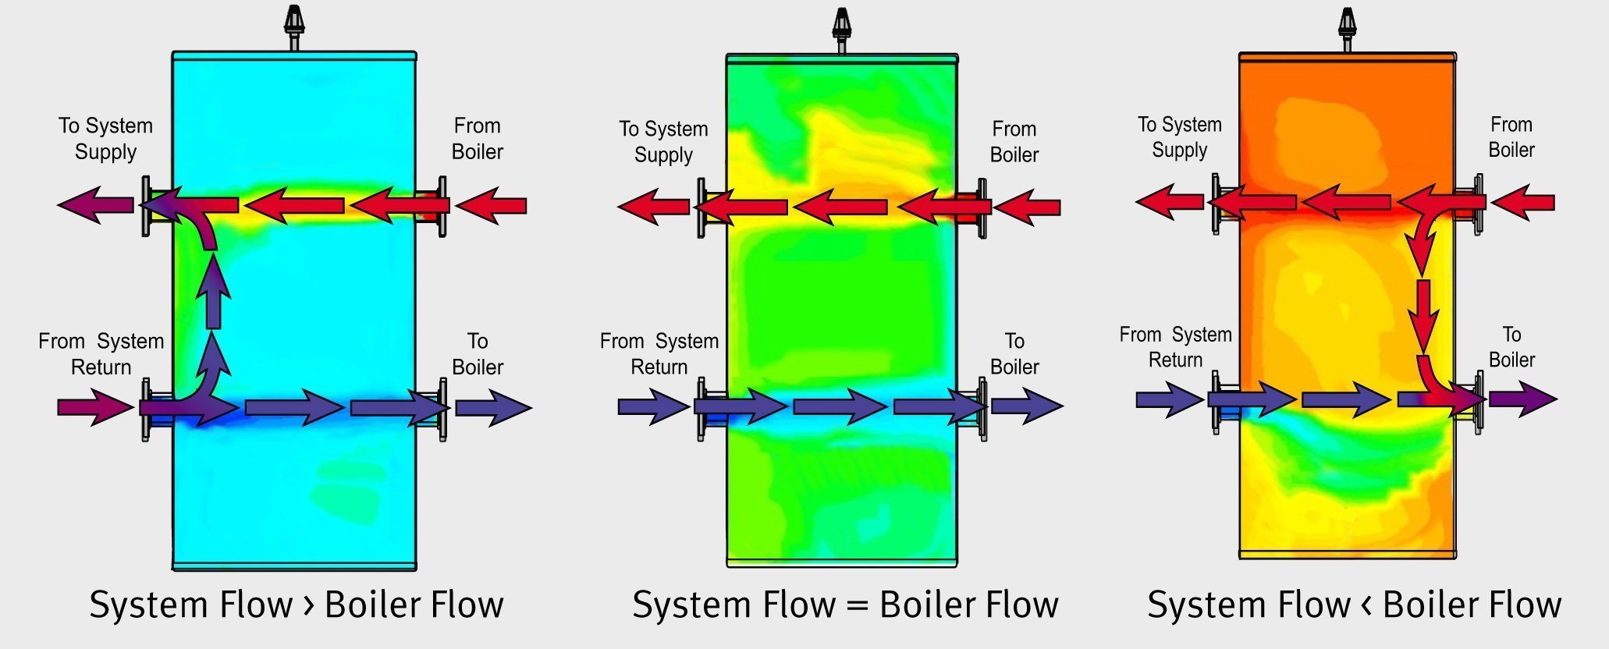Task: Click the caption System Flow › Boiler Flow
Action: [x=297, y=605]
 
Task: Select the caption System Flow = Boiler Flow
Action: [x=845, y=605]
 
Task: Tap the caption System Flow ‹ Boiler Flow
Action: [x=1354, y=605]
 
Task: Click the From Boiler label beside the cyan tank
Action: [x=478, y=139]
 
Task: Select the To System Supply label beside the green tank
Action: [x=663, y=142]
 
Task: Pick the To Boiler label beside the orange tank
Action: [x=1511, y=347]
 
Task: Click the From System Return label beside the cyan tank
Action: [x=101, y=354]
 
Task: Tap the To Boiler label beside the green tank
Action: [x=1014, y=354]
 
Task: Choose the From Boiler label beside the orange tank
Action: [x=1511, y=137]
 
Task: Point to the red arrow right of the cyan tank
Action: [x=491, y=206]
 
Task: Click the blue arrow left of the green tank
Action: [x=652, y=406]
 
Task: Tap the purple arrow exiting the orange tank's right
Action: [x=1522, y=399]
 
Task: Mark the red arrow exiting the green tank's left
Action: [x=653, y=207]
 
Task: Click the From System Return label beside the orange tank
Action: [x=1175, y=347]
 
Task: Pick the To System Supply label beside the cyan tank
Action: [x=105, y=139]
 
